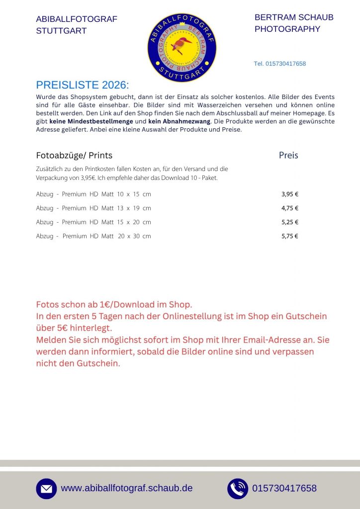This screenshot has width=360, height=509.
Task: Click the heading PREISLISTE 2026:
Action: pos(83,85)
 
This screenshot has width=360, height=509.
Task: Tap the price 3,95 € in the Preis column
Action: pos(290,194)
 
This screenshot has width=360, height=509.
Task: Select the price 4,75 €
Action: pos(290,208)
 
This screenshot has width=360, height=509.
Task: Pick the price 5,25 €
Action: pos(290,222)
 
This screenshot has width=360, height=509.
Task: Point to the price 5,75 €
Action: pos(290,236)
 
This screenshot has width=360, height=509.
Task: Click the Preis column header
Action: pos(288,156)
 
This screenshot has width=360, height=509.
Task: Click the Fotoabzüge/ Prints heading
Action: pos(74,156)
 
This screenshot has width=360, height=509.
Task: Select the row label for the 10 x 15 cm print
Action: pos(93,194)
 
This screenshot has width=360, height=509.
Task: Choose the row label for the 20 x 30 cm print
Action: pos(93,236)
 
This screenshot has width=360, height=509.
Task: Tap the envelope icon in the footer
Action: pos(46,489)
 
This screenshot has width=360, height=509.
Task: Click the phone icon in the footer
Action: pos(238,489)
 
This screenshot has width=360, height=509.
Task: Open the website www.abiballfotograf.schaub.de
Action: pos(127,488)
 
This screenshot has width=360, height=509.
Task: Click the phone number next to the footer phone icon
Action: pos(284,488)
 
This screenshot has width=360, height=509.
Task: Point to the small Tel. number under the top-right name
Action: pos(280,64)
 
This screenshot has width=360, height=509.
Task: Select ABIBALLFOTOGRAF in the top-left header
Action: pos(77,19)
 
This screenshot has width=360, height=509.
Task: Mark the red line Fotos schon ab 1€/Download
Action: pos(114,304)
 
